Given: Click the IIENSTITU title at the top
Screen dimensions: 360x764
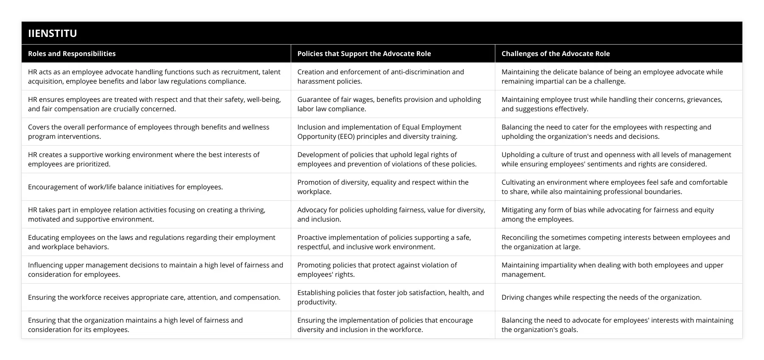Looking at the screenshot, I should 53,33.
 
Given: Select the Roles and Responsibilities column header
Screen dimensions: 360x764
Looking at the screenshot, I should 72,53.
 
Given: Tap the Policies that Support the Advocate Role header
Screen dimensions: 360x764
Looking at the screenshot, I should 364,53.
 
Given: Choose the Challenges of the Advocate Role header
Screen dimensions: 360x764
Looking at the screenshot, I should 555,53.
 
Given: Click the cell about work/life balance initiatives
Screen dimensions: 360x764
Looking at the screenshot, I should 125,187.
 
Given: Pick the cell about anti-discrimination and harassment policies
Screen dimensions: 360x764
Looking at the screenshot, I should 380,76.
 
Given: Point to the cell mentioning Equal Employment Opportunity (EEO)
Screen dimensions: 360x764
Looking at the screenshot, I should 379,132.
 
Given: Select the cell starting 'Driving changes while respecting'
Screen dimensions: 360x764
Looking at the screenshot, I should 601,297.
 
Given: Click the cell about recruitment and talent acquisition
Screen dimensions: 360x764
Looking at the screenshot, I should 154,76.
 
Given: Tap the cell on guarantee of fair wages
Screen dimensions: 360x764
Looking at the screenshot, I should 389,104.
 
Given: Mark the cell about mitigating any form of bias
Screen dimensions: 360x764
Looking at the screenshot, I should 607,214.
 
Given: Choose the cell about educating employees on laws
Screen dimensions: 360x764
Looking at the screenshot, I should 152,242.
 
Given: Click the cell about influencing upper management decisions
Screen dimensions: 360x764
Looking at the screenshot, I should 155,270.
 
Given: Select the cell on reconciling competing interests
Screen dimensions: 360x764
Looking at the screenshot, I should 615,242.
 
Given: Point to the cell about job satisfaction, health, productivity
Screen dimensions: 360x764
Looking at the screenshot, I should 390,297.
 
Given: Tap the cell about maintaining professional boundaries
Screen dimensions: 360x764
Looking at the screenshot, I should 614,187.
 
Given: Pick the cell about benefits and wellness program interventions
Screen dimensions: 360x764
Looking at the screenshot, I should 149,132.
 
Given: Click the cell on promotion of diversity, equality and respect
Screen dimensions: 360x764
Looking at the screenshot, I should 382,187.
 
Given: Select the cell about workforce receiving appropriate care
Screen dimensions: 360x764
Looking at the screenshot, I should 154,297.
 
